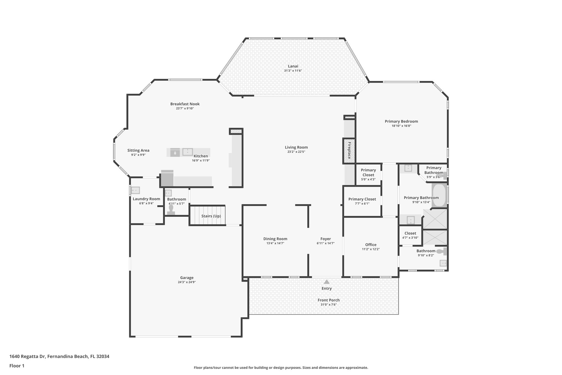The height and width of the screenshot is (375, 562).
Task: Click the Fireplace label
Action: tap(349, 151)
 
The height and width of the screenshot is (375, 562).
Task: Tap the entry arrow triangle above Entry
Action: tap(327, 282)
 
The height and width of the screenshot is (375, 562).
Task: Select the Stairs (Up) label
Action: tap(211, 216)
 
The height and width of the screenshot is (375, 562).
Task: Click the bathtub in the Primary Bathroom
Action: tap(439, 195)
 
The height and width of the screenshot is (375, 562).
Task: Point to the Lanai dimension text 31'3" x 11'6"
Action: tap(293, 71)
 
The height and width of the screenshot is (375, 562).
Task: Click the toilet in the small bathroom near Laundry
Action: tap(171, 210)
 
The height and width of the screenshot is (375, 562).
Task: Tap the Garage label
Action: tap(187, 278)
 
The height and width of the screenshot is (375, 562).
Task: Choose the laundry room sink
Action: tap(135, 190)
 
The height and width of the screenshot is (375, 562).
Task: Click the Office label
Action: tap(371, 245)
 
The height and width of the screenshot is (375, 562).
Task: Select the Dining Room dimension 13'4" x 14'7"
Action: tap(275, 243)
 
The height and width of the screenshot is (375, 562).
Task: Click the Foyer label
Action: tap(325, 239)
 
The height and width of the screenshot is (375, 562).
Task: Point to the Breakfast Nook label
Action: tap(185, 104)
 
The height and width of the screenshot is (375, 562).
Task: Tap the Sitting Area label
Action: tap(138, 150)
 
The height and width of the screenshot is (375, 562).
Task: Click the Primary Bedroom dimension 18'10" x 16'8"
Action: tap(401, 126)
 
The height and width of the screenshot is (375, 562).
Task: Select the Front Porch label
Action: tap(328, 300)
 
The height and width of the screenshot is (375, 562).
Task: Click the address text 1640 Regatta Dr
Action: tap(27, 356)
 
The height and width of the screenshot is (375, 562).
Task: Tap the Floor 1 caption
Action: tap(17, 366)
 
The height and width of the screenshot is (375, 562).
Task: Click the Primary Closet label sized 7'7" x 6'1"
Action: tap(362, 199)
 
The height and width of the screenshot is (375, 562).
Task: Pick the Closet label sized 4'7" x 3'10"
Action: tap(410, 233)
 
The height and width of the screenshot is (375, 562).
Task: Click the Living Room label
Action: tap(296, 147)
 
